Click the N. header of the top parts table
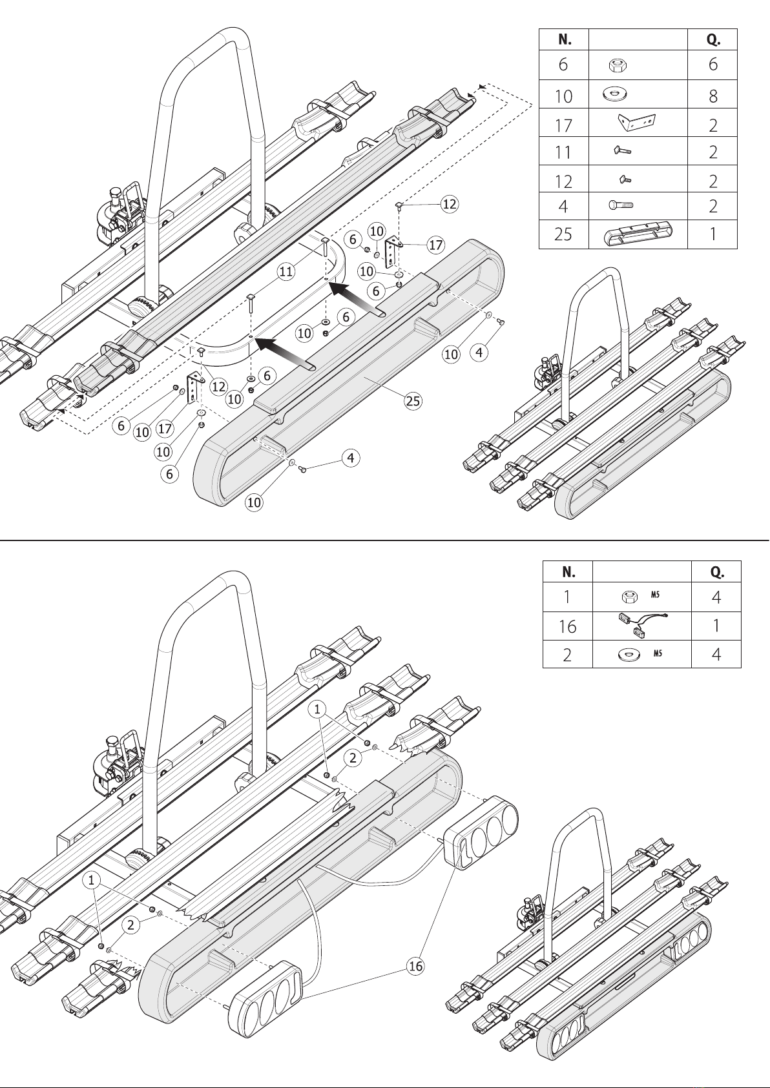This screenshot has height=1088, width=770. click(x=565, y=40)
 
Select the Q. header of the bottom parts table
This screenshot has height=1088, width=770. click(x=716, y=572)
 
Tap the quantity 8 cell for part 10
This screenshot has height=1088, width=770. click(x=713, y=96)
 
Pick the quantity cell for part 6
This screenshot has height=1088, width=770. click(x=713, y=65)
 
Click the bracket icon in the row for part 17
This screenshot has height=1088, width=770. click(x=637, y=123)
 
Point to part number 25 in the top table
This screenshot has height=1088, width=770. click(x=563, y=234)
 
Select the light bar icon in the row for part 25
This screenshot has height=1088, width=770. click(x=638, y=235)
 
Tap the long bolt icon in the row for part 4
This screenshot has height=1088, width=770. click(x=621, y=205)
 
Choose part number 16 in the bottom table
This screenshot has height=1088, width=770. click(x=567, y=626)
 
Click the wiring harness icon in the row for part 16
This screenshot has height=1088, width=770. click(x=641, y=625)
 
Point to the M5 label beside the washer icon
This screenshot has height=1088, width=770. click(x=658, y=654)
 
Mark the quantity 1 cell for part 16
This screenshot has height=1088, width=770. click(x=716, y=626)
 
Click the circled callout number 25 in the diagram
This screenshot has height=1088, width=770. click(x=413, y=401)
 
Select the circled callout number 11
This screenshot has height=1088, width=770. click(x=286, y=271)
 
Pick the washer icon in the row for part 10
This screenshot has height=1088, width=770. click(x=614, y=93)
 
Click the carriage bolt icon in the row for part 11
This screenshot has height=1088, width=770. click(x=622, y=151)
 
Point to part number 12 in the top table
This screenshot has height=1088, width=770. click(x=563, y=181)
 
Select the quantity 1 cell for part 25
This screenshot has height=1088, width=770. click(x=713, y=234)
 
